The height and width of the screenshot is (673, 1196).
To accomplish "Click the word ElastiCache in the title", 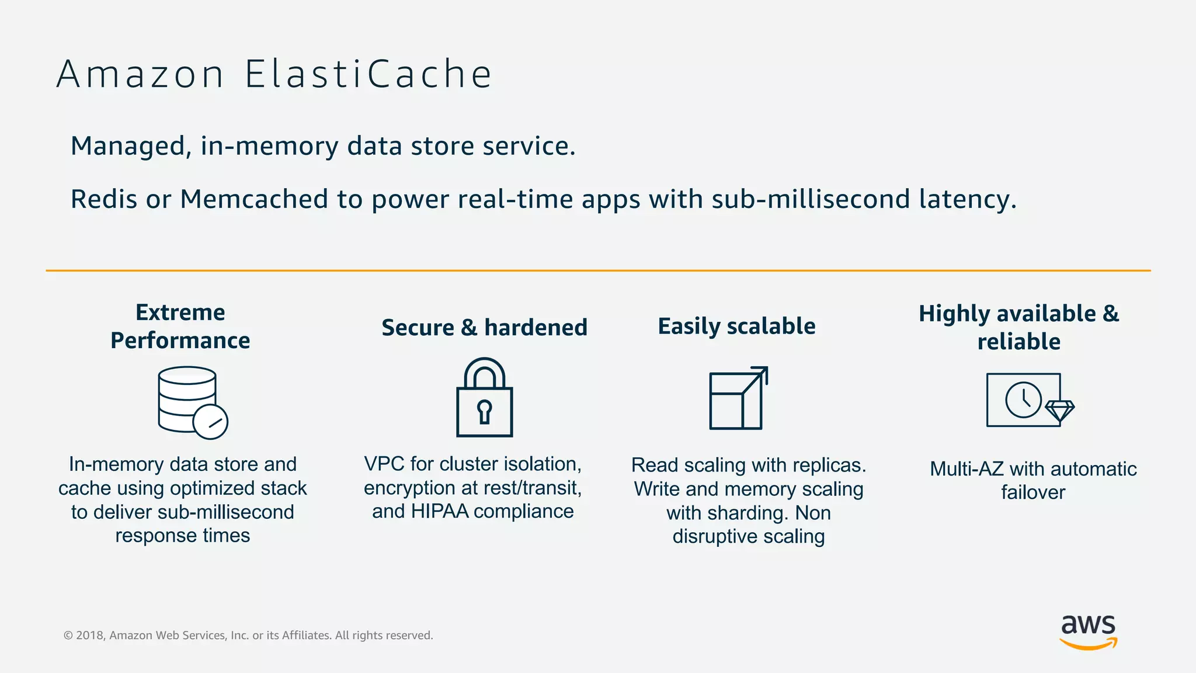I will coord(368,75).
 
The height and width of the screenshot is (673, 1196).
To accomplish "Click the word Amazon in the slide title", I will coord(140,75).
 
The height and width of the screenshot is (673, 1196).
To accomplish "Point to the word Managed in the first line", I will coord(128,146).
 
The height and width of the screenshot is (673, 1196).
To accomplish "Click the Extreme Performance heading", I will coord(180,326).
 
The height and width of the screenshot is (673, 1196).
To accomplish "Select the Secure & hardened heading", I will coord(484,327).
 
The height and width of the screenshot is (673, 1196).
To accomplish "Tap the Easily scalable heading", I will coord(736,326).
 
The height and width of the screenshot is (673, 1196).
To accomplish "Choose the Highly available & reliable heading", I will coord(1019,327).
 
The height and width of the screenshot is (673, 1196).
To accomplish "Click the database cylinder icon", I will coord(187,397).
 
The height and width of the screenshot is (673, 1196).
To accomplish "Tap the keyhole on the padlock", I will coord(484,410).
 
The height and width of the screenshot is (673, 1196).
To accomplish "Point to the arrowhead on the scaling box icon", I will coord(762,372).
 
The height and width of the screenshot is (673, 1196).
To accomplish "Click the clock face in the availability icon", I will coord(1023,400).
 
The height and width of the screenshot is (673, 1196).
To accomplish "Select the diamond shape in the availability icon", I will coord(1059,410).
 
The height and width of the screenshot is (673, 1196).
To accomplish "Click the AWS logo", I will coord(1088,631).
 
